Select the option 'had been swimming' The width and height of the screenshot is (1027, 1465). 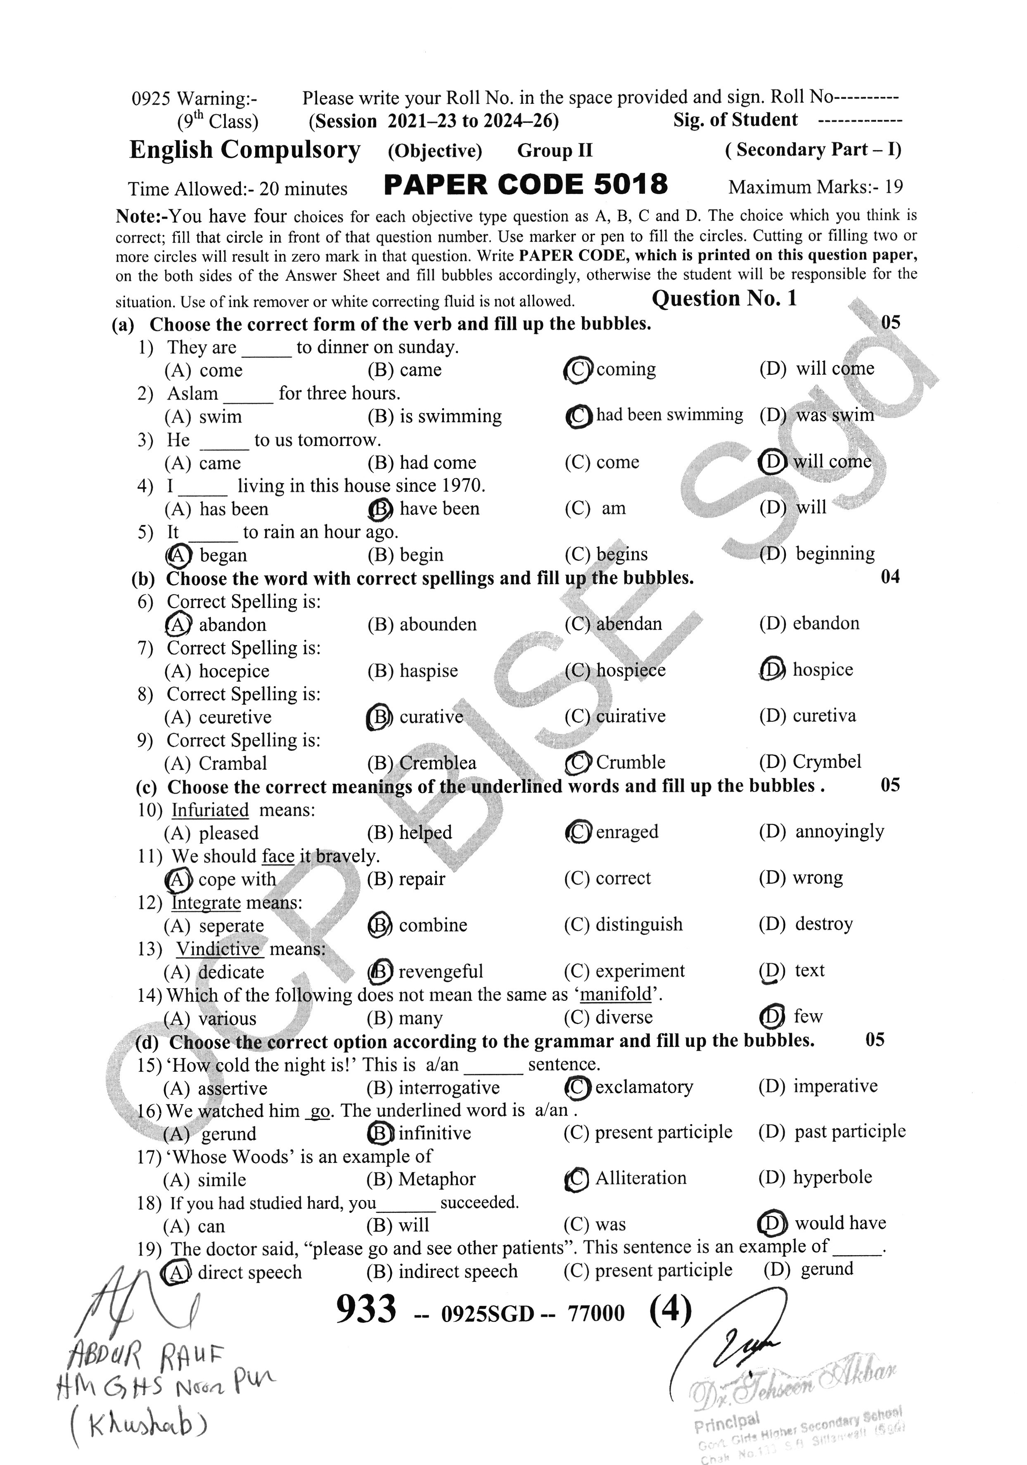669,415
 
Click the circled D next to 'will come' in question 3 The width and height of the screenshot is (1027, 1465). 772,461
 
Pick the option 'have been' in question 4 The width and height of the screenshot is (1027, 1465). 439,509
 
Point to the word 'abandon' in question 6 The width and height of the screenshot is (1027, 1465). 232,625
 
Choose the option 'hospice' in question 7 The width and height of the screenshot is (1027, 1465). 822,670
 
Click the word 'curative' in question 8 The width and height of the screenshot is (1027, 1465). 431,716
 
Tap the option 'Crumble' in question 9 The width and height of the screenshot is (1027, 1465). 630,763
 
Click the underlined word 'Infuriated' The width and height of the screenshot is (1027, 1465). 210,810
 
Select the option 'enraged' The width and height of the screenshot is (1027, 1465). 626,832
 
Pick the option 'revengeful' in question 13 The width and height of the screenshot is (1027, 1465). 440,971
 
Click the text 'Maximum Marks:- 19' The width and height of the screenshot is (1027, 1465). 815,187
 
